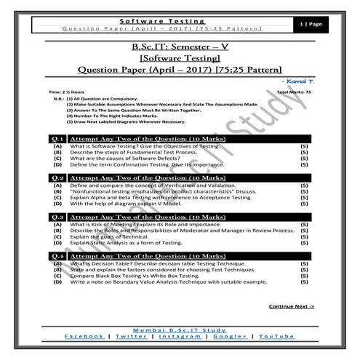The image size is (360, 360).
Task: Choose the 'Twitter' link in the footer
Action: coord(130,337)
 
